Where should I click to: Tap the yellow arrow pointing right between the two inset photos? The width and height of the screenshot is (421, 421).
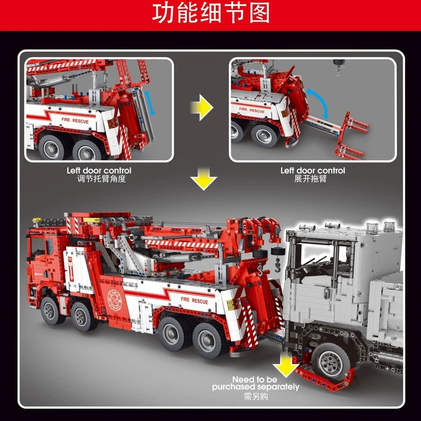point(202,107)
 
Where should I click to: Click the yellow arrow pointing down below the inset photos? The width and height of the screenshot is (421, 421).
point(204,178)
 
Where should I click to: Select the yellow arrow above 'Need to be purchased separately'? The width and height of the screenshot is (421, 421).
point(286,365)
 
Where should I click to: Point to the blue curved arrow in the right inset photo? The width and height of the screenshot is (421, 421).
point(318,102)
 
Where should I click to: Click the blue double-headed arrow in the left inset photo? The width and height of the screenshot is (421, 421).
point(150,103)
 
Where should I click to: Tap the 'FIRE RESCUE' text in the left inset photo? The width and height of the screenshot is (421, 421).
point(75,121)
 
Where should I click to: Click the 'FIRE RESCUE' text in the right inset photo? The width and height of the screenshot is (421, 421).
point(252,110)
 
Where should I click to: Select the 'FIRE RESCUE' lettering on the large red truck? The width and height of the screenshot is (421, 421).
point(194,300)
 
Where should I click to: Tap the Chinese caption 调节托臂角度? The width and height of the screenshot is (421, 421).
point(101,179)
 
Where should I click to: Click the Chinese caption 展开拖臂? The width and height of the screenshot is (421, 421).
point(310,179)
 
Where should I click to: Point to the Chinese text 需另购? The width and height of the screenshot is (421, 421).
point(256,397)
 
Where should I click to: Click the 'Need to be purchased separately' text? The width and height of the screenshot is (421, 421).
point(256,383)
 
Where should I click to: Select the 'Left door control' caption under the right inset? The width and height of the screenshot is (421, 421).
point(313,171)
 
